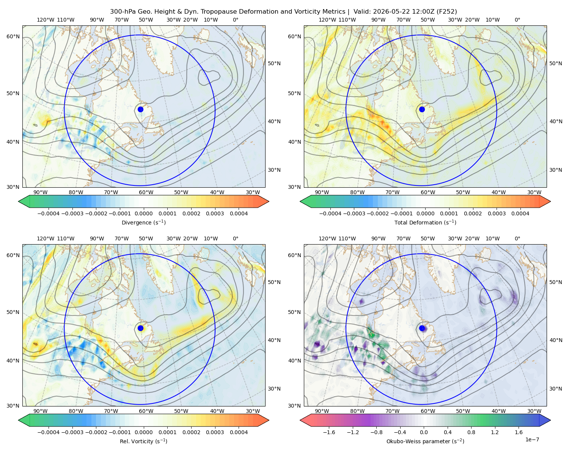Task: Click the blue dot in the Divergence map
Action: tap(140, 110)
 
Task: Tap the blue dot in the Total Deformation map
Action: tap(422, 110)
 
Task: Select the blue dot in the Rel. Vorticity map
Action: tap(140, 328)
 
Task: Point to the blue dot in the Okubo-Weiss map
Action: tap(422, 328)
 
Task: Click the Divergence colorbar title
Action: tap(143, 223)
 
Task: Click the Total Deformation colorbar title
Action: tap(425, 223)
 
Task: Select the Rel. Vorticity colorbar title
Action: tap(143, 441)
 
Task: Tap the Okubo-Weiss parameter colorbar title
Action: tap(425, 441)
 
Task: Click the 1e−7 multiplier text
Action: tap(532, 440)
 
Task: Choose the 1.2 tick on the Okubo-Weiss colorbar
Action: tap(495, 432)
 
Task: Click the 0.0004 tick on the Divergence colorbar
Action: tap(239, 213)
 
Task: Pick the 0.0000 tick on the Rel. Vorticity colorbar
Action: tap(143, 432)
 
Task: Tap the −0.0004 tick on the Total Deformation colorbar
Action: tap(330, 213)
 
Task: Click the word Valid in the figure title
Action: tap(361, 12)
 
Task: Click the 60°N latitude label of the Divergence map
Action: tap(13, 36)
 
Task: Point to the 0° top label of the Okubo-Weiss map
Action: tap(517, 238)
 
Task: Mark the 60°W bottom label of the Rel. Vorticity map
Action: tap(146, 411)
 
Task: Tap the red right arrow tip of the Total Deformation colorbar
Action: tap(550, 202)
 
